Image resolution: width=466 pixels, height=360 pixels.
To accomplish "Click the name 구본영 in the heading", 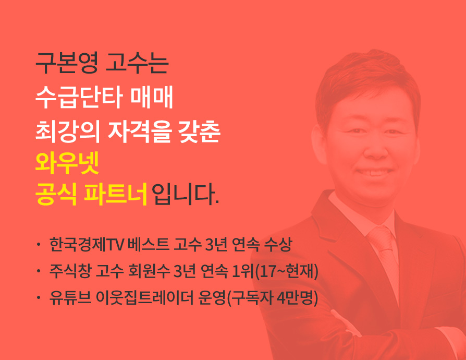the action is [x=67, y=63].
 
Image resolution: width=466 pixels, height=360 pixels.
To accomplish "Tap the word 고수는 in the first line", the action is [x=137, y=63].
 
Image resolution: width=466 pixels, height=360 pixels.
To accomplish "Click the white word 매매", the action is [x=152, y=97].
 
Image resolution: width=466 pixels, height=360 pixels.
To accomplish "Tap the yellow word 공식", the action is [x=56, y=195].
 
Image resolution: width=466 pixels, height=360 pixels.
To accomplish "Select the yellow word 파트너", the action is [x=116, y=195].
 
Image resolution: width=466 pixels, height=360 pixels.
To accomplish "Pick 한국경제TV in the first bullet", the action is [x=87, y=245].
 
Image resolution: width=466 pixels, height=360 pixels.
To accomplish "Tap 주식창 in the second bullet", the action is [x=70, y=271].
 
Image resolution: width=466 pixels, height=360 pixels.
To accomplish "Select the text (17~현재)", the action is [x=287, y=271].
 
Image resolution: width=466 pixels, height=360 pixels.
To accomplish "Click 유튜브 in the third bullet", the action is [x=70, y=297].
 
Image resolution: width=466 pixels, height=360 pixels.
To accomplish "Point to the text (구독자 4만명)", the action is [x=272, y=297].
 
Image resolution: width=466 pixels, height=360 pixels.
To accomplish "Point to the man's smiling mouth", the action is [x=374, y=173].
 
